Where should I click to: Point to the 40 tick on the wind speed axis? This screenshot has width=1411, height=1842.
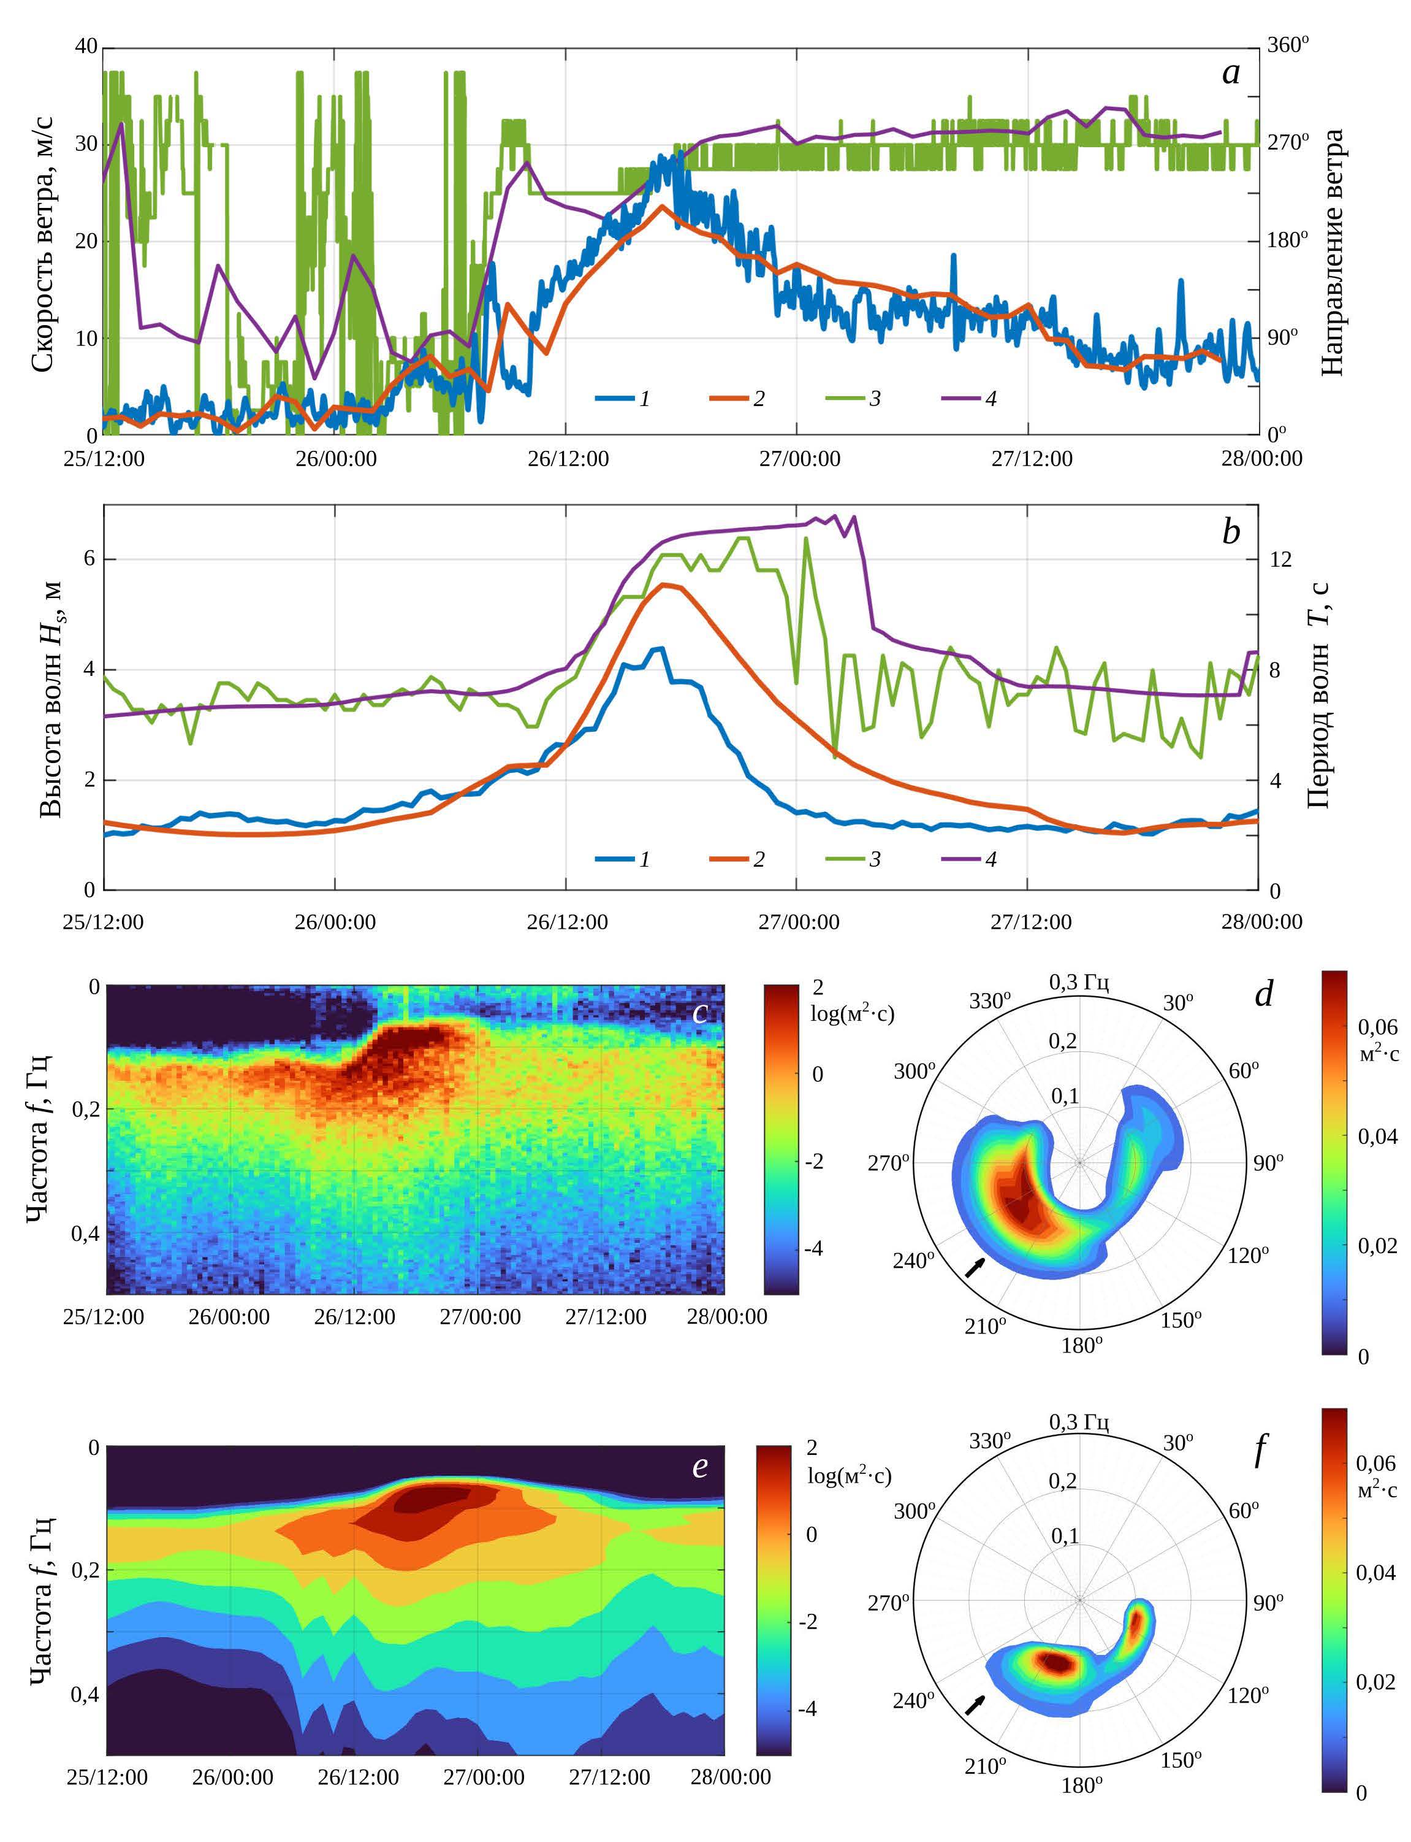coord(86,46)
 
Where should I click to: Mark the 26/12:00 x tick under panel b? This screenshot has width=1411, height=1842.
coord(567,922)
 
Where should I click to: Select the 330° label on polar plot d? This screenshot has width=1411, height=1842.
coord(989,1001)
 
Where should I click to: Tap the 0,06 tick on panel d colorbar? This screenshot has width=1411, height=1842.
coord(1377,1027)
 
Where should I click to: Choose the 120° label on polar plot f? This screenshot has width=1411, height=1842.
coord(1247,1695)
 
